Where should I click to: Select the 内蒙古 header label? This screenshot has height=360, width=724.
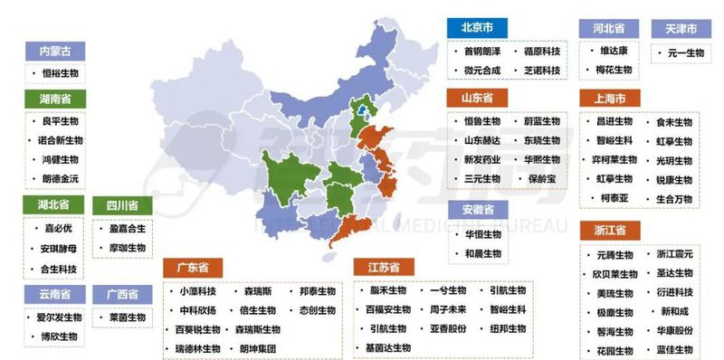(54, 51)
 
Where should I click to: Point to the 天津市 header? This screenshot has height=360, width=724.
(681, 30)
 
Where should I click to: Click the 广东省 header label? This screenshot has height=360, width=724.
(194, 269)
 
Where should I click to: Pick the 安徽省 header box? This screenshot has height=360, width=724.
(478, 210)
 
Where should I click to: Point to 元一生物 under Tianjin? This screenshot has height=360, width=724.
(685, 53)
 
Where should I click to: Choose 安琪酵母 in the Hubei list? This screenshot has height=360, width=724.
(61, 247)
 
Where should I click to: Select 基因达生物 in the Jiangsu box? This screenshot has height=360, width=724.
(389, 347)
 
